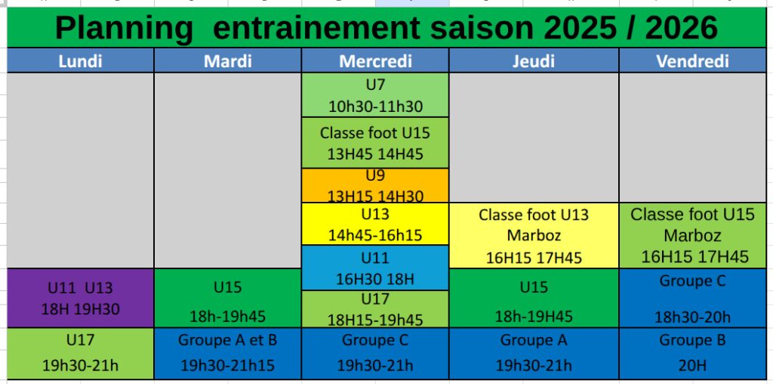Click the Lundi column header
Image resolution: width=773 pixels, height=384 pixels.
(x=80, y=60)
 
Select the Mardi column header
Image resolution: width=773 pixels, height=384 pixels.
(x=228, y=60)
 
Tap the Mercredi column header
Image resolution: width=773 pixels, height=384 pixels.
(x=375, y=60)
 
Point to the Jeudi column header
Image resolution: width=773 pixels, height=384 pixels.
(x=534, y=60)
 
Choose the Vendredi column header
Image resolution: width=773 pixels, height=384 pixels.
(x=693, y=60)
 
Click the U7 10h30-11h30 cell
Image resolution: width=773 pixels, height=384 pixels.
(x=375, y=94)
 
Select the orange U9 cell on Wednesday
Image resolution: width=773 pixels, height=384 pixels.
(x=375, y=186)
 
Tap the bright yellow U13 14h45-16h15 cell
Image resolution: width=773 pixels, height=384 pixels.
(x=375, y=224)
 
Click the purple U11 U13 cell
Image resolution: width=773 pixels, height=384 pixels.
(x=80, y=298)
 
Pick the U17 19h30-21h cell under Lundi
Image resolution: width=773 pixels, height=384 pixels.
(x=80, y=354)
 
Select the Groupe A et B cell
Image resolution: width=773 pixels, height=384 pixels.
(x=228, y=354)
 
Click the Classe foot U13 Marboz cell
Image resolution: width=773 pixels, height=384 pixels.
(x=534, y=235)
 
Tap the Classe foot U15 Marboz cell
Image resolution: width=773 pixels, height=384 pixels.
(x=693, y=235)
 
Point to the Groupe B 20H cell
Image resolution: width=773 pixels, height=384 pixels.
(x=693, y=354)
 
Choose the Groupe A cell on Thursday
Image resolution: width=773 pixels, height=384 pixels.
(x=534, y=354)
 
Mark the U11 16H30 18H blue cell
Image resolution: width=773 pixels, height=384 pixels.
(x=375, y=268)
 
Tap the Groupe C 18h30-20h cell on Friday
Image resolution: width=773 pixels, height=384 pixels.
(x=693, y=298)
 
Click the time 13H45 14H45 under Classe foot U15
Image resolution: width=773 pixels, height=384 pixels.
(x=375, y=154)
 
